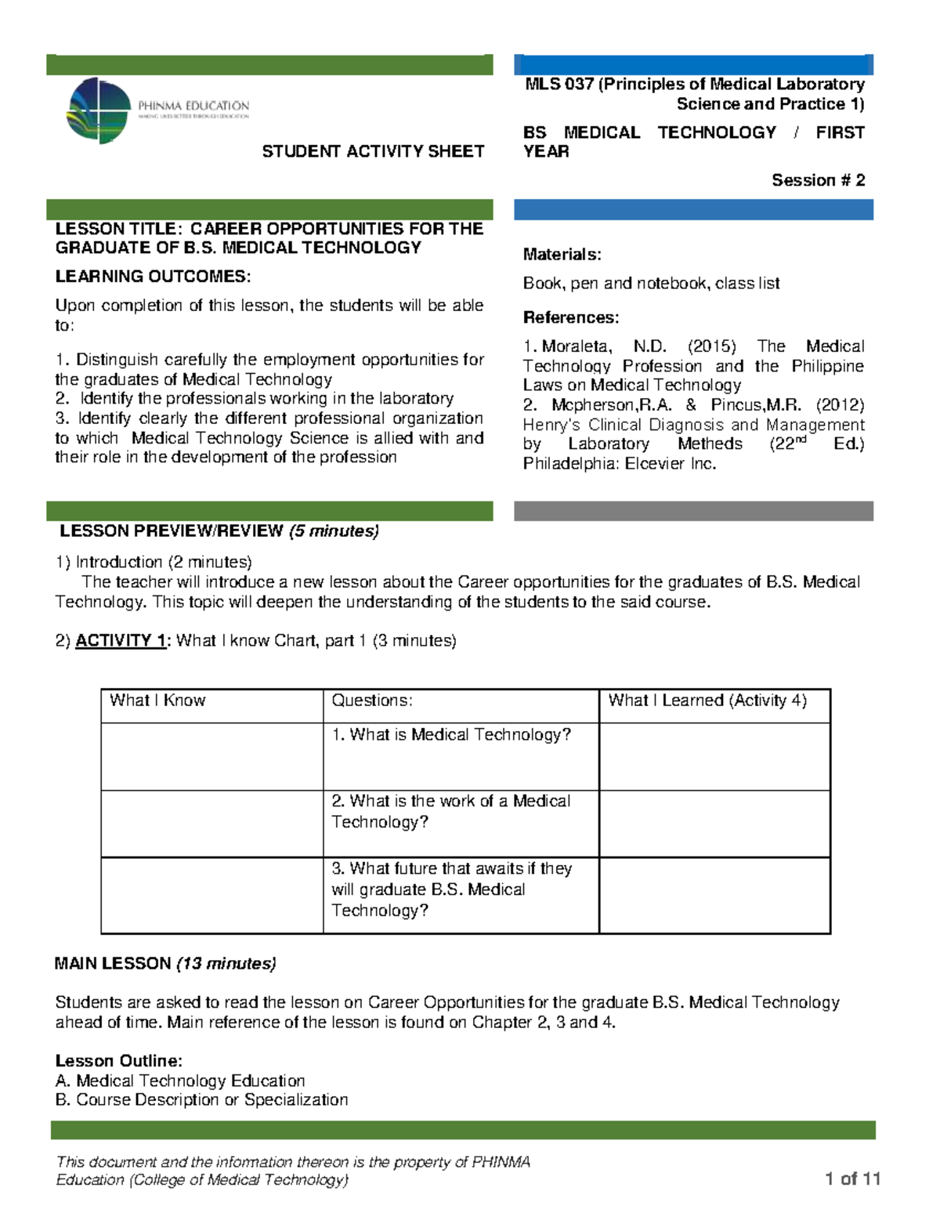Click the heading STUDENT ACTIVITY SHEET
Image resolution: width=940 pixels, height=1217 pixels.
click(373, 151)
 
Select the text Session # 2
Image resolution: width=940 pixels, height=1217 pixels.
click(818, 180)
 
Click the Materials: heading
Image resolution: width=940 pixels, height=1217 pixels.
click(562, 255)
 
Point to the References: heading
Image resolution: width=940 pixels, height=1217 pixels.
click(570, 317)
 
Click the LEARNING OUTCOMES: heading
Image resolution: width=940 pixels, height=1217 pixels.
click(153, 277)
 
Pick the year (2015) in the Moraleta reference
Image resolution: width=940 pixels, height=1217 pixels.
click(711, 346)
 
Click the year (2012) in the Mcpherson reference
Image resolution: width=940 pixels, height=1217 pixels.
click(840, 405)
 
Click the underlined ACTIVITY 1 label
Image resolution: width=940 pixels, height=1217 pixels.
click(121, 641)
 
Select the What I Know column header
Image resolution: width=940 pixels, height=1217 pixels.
click(157, 701)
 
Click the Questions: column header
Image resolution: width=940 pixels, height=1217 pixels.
click(372, 701)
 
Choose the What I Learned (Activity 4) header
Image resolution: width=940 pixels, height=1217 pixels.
click(707, 701)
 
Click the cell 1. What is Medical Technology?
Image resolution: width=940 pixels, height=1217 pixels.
click(451, 735)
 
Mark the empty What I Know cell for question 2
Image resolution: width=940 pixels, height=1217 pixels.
click(211, 824)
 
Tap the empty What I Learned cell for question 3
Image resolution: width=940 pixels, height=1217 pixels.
click(714, 895)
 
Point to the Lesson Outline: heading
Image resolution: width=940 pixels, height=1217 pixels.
click(118, 1061)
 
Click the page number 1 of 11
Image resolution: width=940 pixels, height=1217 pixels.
click(852, 1179)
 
